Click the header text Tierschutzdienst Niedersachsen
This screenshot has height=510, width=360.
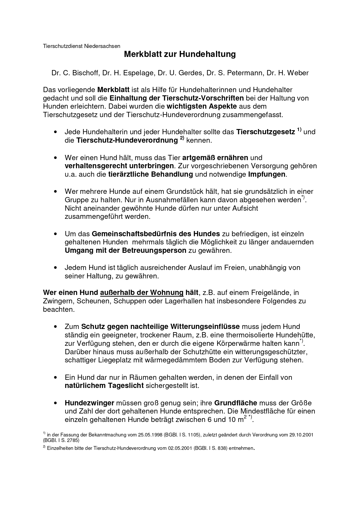coord(82,46)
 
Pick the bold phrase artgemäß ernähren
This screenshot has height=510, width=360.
coord(215,158)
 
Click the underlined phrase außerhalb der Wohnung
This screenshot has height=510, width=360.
coord(142,292)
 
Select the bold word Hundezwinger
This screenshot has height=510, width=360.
coord(89,403)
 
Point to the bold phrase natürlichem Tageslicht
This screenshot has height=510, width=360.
coord(104,386)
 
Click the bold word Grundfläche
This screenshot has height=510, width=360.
coord(235,403)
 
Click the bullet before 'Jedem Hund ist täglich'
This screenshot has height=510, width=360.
coord(55,268)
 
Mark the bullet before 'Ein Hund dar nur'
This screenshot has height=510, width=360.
coord(55,378)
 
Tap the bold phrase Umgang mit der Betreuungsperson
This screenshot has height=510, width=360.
coord(125,250)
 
